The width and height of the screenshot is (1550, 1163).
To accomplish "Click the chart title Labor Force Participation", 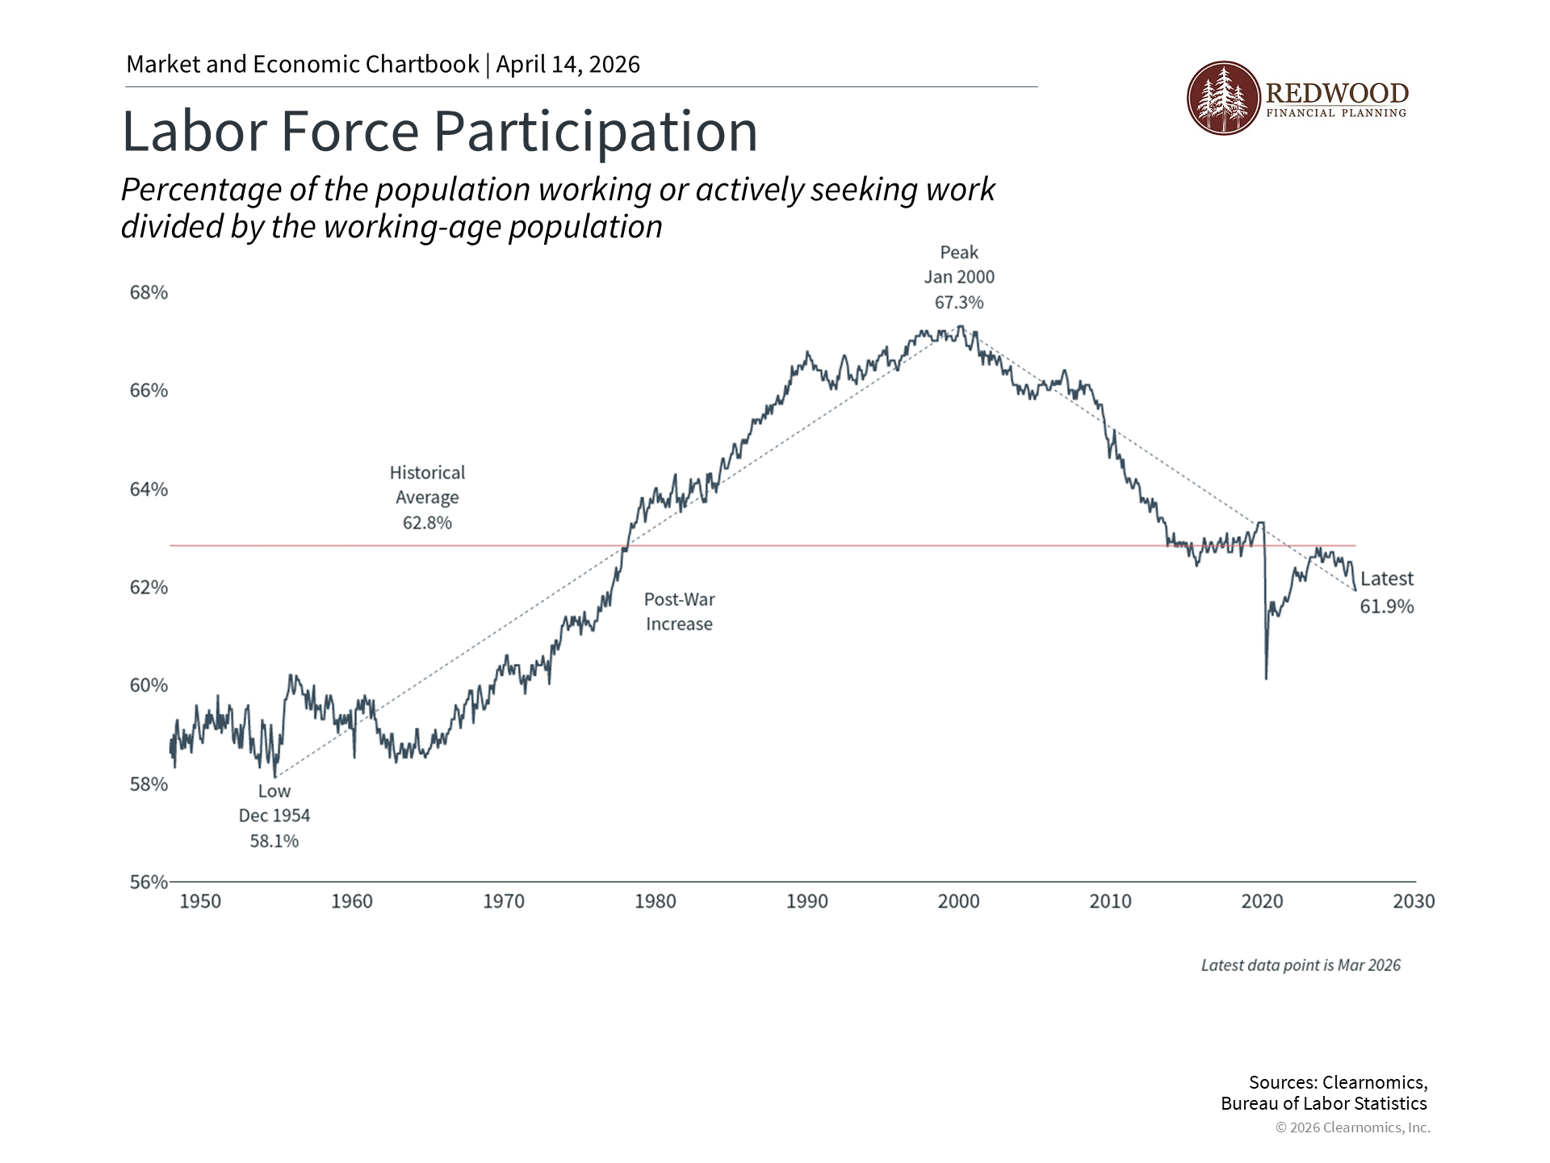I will point(439,131).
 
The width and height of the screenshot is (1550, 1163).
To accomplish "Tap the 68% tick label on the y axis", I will point(149,292).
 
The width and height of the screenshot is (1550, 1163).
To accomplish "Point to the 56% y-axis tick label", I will point(149,882).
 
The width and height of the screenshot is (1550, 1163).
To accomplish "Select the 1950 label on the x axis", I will point(200,901).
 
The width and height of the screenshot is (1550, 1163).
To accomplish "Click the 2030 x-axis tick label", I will point(1414,901).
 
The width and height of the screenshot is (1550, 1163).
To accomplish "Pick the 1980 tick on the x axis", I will point(656,901).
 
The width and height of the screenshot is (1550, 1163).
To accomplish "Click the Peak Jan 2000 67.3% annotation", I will point(959,277).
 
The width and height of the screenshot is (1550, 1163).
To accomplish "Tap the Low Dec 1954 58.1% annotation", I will point(274,816).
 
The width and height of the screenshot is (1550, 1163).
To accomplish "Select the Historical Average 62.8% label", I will point(427,498).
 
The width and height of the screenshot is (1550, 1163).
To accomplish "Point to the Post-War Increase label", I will point(679,611).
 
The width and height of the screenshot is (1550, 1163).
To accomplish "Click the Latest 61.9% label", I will point(1387,592).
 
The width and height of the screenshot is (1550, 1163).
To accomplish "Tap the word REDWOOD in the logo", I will point(1337,92).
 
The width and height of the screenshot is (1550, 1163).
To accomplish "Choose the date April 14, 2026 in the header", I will point(568,65).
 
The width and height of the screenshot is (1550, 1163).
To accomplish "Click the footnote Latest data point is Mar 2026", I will point(1301,965).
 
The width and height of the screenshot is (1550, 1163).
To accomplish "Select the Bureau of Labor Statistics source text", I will point(1324,1103).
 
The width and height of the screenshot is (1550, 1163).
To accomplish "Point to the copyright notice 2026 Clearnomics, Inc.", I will point(1353,1127).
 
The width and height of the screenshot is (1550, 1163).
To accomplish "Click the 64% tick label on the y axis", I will point(149,489).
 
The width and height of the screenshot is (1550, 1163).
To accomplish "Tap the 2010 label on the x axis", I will point(1111,901).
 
